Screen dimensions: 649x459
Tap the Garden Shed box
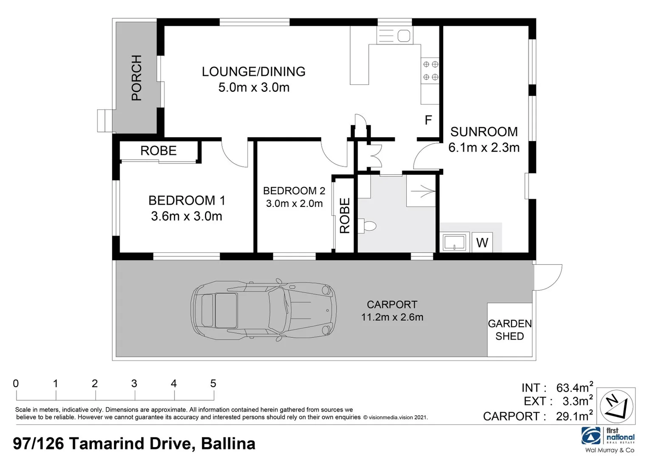(510, 330)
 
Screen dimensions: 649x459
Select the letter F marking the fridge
(428, 120)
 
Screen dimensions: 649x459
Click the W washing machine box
(482, 243)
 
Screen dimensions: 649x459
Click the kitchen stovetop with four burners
(430, 71)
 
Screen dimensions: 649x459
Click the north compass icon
(616, 406)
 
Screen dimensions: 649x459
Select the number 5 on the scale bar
(213, 384)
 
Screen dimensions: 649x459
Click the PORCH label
(136, 78)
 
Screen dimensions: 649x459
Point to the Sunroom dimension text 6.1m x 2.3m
(484, 147)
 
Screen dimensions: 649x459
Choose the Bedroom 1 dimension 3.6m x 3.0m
(187, 216)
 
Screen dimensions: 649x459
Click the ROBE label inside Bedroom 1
(159, 151)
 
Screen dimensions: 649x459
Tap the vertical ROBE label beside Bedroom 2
(345, 215)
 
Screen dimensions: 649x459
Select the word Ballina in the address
(228, 444)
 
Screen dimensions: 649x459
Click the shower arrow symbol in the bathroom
(423, 191)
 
